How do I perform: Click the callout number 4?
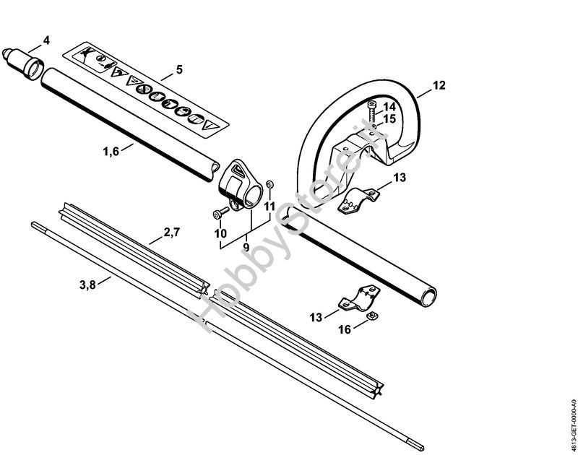pyautogui.click(x=46, y=40)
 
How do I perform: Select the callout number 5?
pyautogui.click(x=179, y=69)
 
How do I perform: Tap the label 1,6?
pyautogui.click(x=111, y=151)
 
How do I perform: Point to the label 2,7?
pyautogui.click(x=171, y=233)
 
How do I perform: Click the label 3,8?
pyautogui.click(x=87, y=285)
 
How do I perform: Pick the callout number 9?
pyautogui.click(x=246, y=247)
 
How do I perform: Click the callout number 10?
pyautogui.click(x=220, y=233)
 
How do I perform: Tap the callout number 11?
pyautogui.click(x=269, y=207)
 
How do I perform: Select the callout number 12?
pyautogui.click(x=439, y=85)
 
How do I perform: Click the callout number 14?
pyautogui.click(x=389, y=107)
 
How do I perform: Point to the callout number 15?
pyautogui.click(x=389, y=119)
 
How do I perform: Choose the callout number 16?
pyautogui.click(x=345, y=329)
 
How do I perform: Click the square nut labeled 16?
pyautogui.click(x=372, y=316)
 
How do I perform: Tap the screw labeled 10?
pyautogui.click(x=221, y=212)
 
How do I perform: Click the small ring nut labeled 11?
pyautogui.click(x=269, y=184)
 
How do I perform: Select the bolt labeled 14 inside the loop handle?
pyautogui.click(x=373, y=112)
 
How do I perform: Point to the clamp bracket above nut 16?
pyautogui.click(x=359, y=297)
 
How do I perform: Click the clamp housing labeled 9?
pyautogui.click(x=241, y=185)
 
